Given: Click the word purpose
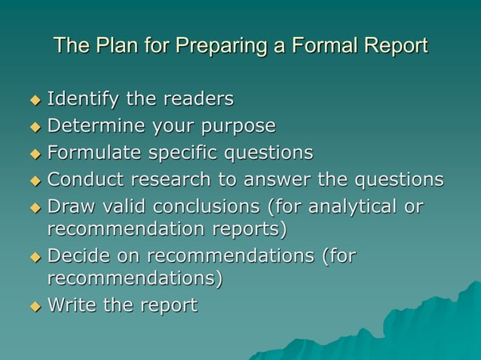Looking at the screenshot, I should tap(236, 126).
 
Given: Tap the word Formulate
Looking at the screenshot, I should tap(90, 153).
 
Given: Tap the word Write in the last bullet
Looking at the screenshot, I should tap(72, 305).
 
